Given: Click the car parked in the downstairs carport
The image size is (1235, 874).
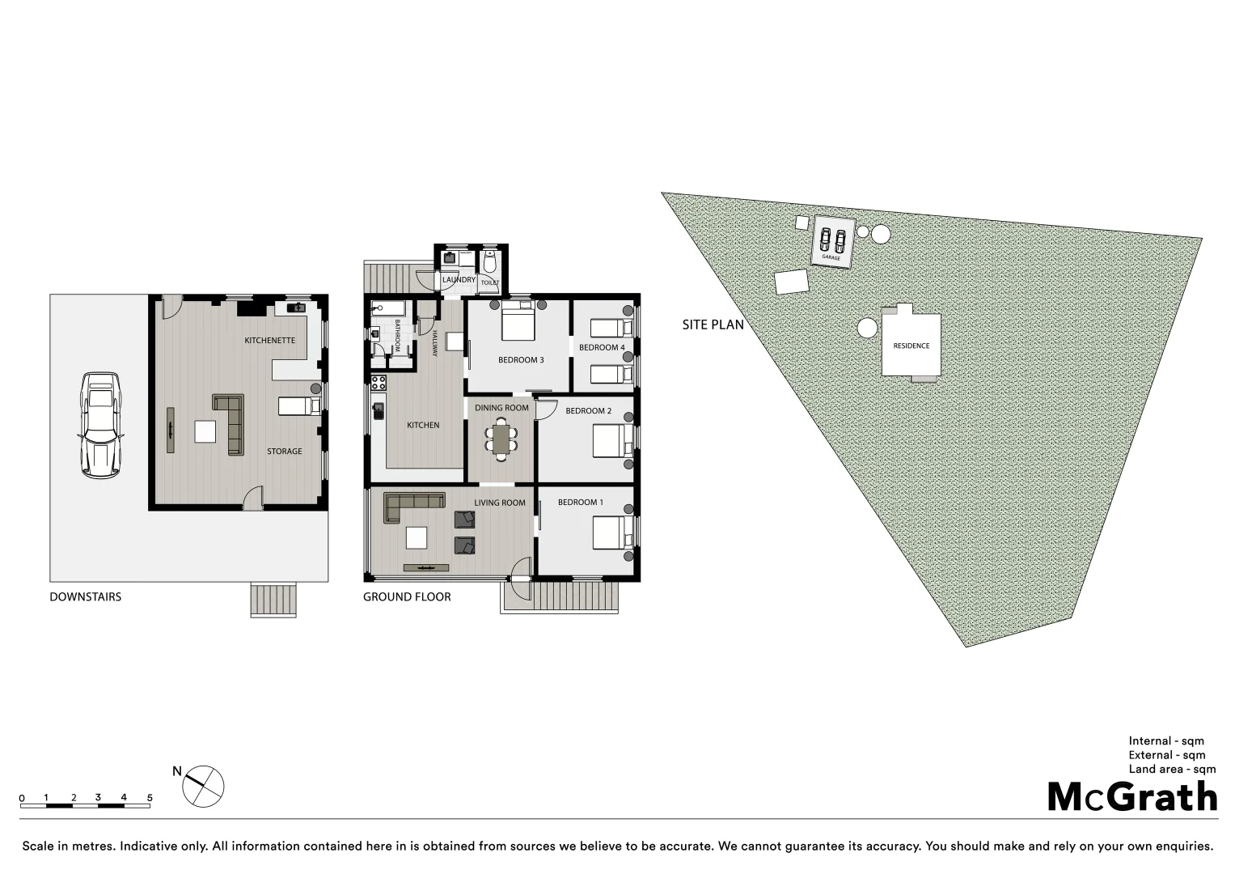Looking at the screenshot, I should pos(101,425).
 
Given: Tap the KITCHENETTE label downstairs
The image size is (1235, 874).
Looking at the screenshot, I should pos(270,341).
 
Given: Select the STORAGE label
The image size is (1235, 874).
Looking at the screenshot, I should pos(285,452).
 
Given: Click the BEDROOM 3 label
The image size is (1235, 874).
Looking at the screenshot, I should pos(521,360).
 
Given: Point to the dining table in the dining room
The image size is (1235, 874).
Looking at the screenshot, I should pos(501,439).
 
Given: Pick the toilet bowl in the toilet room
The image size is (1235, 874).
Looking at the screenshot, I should pos(489,263).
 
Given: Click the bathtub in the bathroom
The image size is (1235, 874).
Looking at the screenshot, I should pos(388,308).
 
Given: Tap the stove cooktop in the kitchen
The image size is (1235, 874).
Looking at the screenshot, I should pos(378,383).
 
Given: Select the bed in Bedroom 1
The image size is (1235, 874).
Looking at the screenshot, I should pos(613,532).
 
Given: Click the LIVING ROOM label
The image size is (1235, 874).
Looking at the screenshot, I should pos(500,503).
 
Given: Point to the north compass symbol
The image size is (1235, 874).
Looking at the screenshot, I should pos(203,786).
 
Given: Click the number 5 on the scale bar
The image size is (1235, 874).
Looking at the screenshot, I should pos(150,798).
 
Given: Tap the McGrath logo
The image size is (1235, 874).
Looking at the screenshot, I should pos(1132,797).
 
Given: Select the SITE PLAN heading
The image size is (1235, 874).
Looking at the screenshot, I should pos(713,325).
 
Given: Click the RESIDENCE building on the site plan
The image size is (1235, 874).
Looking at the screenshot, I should pos(911,345).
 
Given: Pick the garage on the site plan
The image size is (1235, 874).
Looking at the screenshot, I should pos(833,241).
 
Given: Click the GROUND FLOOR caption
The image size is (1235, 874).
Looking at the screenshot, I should pos(407,597).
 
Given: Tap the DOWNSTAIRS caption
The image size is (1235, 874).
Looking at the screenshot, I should pos(86,597).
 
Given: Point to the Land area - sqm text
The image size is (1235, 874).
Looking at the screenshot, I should pos(1172,770).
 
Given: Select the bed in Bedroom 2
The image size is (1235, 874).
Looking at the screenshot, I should pos(613,442).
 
